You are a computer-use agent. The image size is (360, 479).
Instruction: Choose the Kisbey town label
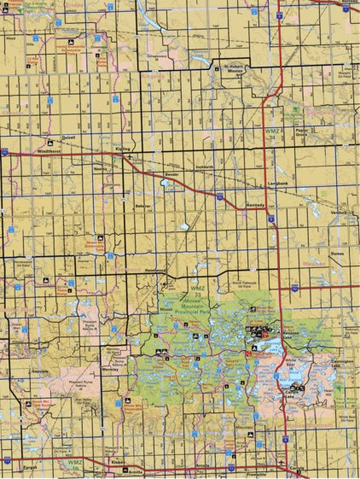pos(118,462)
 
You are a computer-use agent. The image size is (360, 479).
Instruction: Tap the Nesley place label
pos(101,168)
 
